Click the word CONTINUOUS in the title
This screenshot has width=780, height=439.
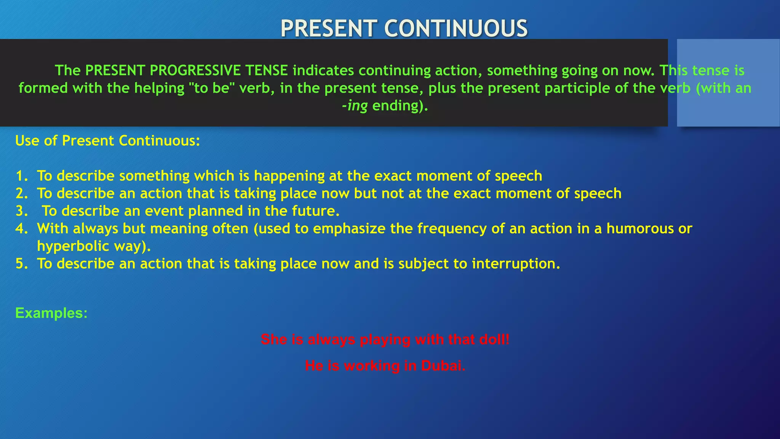(456, 29)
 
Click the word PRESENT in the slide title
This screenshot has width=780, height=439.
(329, 29)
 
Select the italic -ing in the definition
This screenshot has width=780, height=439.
(355, 106)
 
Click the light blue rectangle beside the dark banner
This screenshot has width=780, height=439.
(728, 82)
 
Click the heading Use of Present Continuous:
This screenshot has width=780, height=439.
(107, 141)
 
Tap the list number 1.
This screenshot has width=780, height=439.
(21, 176)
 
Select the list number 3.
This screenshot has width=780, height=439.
(21, 211)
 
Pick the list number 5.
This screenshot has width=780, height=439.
(21, 264)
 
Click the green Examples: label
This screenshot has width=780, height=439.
(51, 313)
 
